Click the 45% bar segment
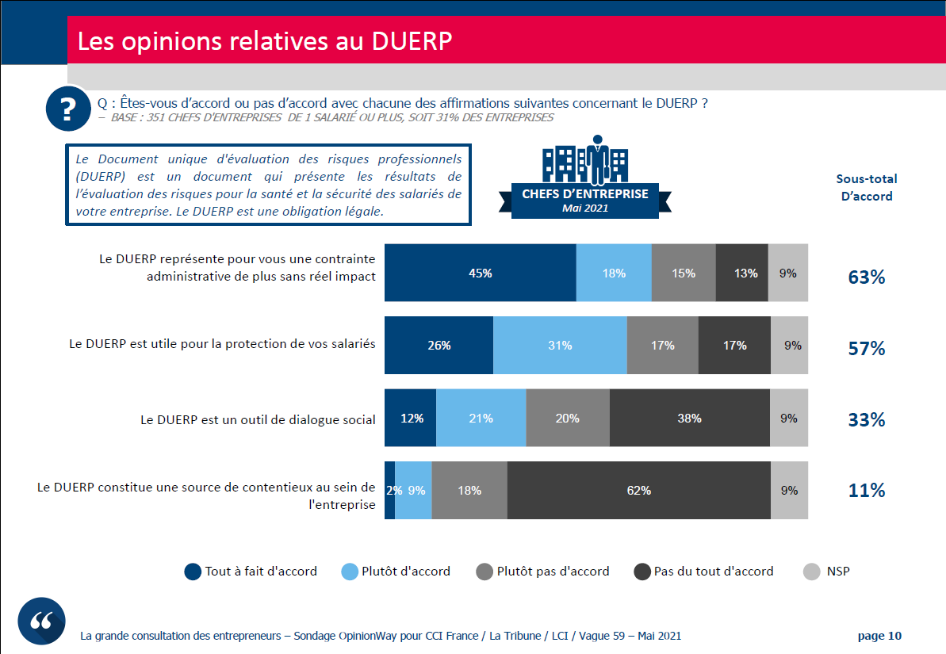480,273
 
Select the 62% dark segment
638,491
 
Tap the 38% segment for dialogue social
689,418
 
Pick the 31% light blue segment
559,345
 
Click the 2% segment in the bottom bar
390,491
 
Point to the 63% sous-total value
867,277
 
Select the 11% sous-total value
867,491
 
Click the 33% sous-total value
867,420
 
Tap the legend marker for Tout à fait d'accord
193,572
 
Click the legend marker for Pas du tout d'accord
642,572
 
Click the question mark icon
69,107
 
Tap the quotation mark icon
41,621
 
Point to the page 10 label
879,636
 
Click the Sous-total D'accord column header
867,188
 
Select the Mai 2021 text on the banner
584,208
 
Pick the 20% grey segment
567,418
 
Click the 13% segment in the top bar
741,273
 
